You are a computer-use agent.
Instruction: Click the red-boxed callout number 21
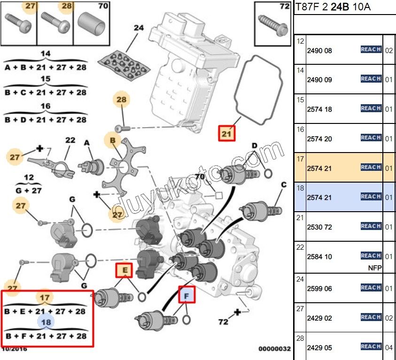tap(227, 134)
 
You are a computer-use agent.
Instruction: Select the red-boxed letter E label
tap(125, 270)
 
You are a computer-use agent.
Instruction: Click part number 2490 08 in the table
tap(319, 51)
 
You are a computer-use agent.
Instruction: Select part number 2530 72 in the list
tap(319, 227)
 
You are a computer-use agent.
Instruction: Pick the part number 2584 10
tap(319, 257)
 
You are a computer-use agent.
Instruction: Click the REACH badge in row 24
tap(371, 287)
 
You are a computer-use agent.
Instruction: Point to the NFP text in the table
tap(375, 268)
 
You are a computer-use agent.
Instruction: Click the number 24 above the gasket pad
tap(138, 28)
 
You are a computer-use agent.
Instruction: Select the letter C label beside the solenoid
tap(284, 185)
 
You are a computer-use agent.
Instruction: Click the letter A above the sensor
tap(86, 143)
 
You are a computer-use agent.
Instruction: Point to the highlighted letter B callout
tap(113, 140)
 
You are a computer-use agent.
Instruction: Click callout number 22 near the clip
tap(70, 140)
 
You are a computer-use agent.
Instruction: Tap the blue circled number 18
tap(46, 322)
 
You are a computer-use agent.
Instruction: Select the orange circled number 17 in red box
tap(45, 298)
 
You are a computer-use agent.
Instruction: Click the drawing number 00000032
tap(274, 349)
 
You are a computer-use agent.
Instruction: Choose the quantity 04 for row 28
tap(388, 348)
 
